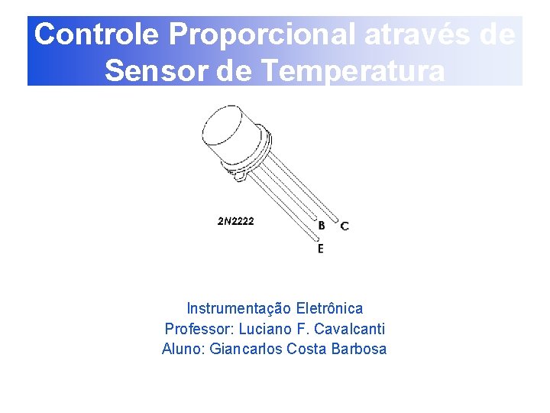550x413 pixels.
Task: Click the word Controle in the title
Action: [x=98, y=34]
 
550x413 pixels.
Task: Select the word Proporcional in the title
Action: [x=262, y=34]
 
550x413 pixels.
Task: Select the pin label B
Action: [x=322, y=226]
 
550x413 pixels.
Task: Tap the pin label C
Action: [x=345, y=226]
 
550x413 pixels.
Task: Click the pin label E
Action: [x=320, y=249]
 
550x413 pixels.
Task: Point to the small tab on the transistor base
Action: [x=240, y=177]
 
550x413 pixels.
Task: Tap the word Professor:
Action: [x=199, y=329]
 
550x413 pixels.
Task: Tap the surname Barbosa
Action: [x=359, y=350]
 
